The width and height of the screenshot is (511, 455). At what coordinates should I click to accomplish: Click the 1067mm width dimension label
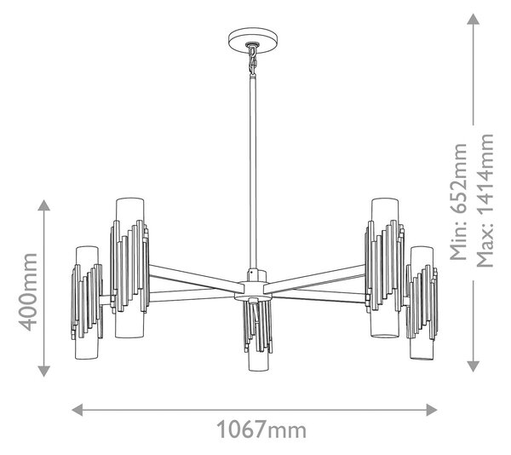click(x=261, y=429)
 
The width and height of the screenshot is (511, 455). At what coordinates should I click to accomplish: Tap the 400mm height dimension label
click(x=28, y=291)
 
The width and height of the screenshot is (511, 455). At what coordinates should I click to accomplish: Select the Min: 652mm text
click(x=458, y=202)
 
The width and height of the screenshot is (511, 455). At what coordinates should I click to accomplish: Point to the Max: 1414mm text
click(x=485, y=200)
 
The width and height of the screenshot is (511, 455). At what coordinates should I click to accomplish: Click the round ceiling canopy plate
click(x=253, y=40)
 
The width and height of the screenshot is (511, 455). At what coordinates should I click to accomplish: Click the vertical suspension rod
click(x=253, y=173)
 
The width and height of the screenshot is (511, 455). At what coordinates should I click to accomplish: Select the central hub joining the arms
click(x=253, y=290)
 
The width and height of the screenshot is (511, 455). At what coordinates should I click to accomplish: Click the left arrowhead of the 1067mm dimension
click(x=77, y=409)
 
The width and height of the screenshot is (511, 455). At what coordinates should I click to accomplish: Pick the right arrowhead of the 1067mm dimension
click(x=432, y=409)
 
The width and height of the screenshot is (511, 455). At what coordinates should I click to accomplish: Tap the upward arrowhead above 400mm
click(x=43, y=205)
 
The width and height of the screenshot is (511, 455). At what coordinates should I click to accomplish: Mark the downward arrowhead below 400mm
click(x=43, y=371)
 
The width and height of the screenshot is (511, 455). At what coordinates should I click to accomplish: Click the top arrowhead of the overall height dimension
click(x=474, y=19)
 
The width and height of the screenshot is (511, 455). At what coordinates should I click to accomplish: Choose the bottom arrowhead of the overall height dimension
click(x=474, y=366)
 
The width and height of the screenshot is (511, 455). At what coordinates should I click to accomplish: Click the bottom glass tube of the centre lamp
click(x=258, y=361)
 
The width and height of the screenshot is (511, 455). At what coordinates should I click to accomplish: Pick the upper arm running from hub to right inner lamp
click(x=314, y=277)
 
